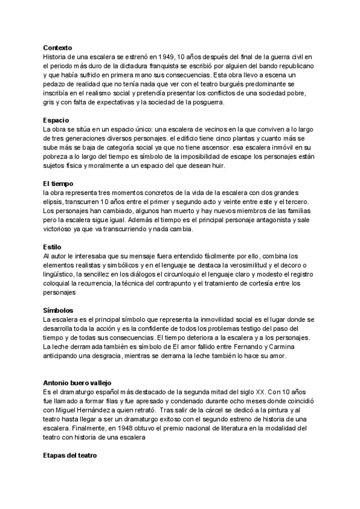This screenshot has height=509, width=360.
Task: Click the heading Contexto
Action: tap(58, 47)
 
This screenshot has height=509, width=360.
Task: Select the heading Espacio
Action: tap(56, 120)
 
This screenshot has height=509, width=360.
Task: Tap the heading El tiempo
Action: tap(59, 183)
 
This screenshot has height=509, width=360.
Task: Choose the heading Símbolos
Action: tap(58, 310)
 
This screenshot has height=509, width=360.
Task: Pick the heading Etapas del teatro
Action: tap(70, 456)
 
